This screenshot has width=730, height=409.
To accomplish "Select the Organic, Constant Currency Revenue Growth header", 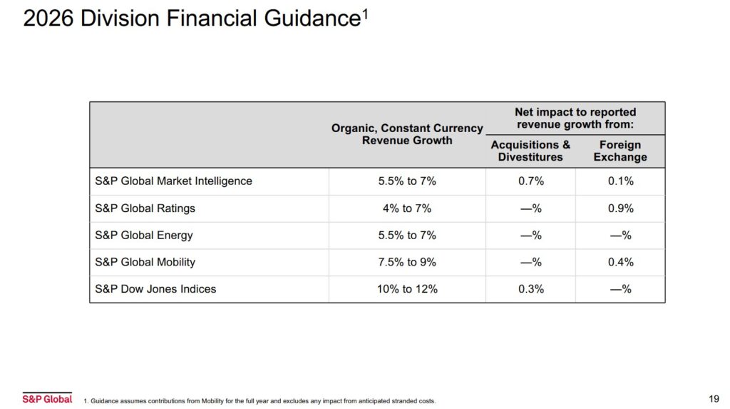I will [407, 134].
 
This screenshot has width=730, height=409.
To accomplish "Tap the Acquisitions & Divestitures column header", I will [530, 151].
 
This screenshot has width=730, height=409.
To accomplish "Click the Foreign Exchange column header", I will [620, 151].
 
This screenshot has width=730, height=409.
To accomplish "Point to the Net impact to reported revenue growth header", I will [575, 118].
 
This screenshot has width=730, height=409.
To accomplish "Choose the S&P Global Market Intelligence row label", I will [173, 181].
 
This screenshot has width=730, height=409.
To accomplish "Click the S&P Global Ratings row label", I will [145, 208].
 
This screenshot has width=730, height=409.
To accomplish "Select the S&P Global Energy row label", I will [144, 236].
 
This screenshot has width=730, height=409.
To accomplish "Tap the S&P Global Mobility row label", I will [145, 262].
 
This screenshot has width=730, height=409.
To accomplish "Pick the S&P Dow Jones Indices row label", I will [155, 289].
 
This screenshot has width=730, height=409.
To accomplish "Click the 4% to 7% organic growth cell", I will [407, 208].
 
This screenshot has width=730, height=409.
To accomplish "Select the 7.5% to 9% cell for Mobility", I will [407, 262].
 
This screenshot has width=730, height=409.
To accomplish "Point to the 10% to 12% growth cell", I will [407, 289].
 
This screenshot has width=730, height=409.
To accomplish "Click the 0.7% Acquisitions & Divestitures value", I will [530, 181].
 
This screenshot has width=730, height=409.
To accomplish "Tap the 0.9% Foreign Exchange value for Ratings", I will [620, 208].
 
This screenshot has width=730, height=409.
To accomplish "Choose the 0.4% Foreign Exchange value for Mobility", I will [620, 262].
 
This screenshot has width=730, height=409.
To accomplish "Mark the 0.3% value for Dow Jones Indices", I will [530, 289].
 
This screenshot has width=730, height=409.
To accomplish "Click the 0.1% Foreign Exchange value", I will [620, 181].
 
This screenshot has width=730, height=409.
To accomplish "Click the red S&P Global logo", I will [47, 398].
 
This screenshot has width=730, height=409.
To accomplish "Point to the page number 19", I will [714, 398].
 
